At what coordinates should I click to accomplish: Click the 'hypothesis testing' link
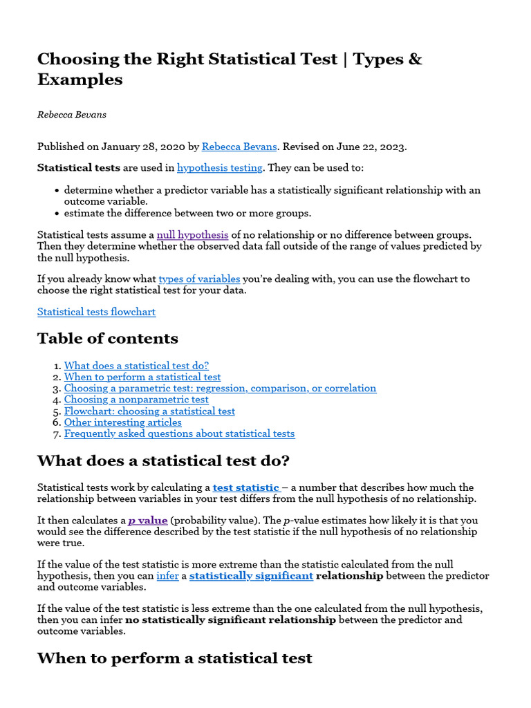pos(219,167)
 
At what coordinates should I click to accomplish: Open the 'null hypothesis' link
pos(192,234)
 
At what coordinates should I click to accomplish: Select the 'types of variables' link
pos(199,279)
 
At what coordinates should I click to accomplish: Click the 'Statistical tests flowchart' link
pos(96,312)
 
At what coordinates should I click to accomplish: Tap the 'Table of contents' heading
pos(107,338)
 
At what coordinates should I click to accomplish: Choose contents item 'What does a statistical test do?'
pos(136,366)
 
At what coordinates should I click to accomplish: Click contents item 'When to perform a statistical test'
pos(142,377)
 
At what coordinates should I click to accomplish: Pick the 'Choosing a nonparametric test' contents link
pos(136,400)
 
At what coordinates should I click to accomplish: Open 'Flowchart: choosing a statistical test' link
pos(149,411)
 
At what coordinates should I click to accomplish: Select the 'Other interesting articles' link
pos(123,422)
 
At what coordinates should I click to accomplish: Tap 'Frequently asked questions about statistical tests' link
pos(179,434)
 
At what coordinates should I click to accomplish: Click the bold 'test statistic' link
pos(246,487)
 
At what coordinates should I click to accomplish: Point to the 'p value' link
pos(148,520)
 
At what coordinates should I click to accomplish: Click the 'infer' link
pos(167,575)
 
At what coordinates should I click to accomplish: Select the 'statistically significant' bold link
pos(251,575)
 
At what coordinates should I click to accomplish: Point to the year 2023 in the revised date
pos(393,147)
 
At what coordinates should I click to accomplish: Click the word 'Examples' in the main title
pos(80,80)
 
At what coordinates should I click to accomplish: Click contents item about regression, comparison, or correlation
pos(220,388)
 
